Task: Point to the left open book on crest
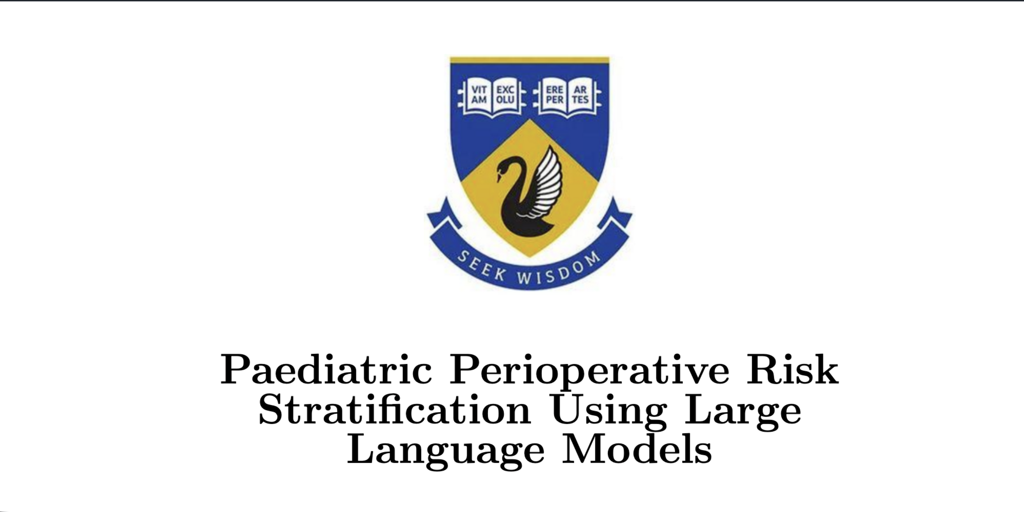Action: (x=492, y=97)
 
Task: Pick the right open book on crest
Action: (x=567, y=97)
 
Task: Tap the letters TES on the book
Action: (x=580, y=100)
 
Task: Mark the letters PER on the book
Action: (x=555, y=100)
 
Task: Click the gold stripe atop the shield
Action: (x=529, y=60)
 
